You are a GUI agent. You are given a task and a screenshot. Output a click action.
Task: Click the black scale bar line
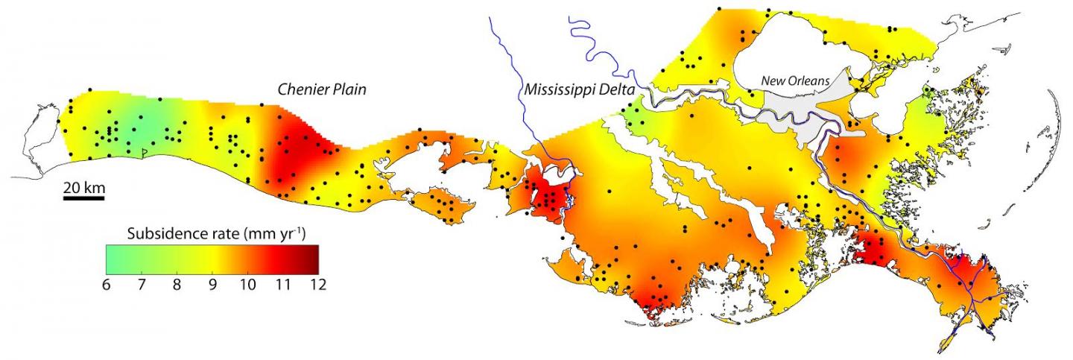[x=83, y=198]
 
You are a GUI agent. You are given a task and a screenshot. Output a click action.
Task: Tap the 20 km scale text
[x=83, y=186]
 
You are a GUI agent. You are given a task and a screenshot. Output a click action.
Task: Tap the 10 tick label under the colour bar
[x=247, y=284]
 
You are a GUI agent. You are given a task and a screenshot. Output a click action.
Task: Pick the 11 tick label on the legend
[x=282, y=284]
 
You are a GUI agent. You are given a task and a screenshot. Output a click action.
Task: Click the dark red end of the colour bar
[x=313, y=259]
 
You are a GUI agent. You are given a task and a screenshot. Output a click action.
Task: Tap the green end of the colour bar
[x=110, y=259]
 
